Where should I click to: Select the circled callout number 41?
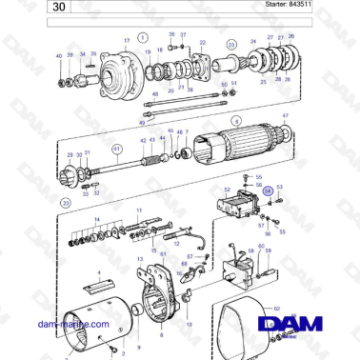tap(117, 149)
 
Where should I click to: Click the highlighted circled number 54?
tap(268, 191)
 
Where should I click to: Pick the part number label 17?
tap(126, 41)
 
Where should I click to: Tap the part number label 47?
tap(285, 115)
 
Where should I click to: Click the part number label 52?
tap(228, 190)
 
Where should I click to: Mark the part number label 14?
tap(95, 219)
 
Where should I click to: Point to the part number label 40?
tap(59, 56)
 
